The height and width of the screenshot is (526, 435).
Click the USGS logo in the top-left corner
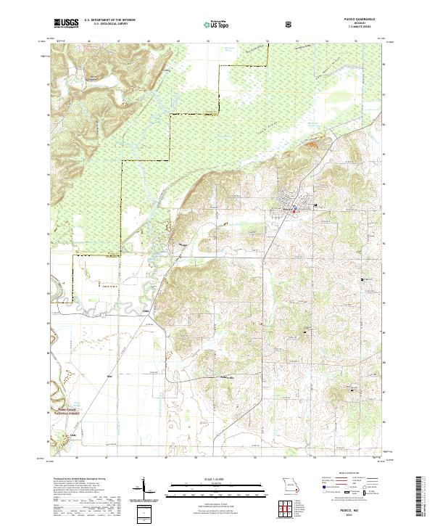click(67, 24)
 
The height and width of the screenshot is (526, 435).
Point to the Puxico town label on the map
click(287, 210)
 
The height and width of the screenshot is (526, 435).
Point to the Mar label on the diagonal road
click(110, 377)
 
